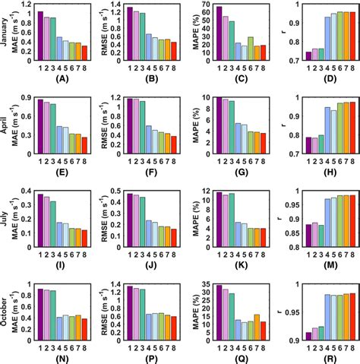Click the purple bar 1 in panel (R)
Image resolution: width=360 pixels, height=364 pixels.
(x=308, y=336)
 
